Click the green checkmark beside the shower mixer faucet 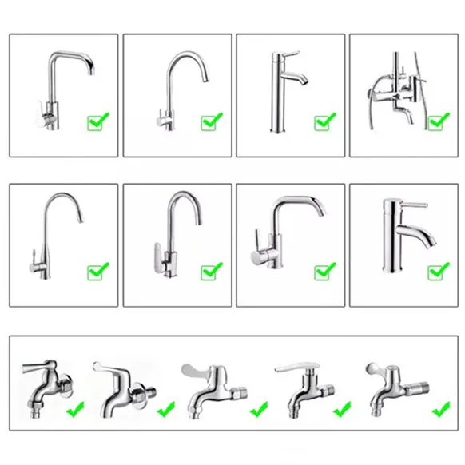tap(439, 121)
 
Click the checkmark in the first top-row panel tap(97, 121)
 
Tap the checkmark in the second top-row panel tap(212, 121)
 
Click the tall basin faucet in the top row tap(281, 92)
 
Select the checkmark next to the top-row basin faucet tap(325, 121)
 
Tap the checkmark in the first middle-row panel tap(97, 272)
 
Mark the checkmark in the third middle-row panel tap(325, 272)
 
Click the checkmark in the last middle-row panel tap(439, 272)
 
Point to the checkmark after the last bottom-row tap tap(440, 410)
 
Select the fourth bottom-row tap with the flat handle tap(304, 387)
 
